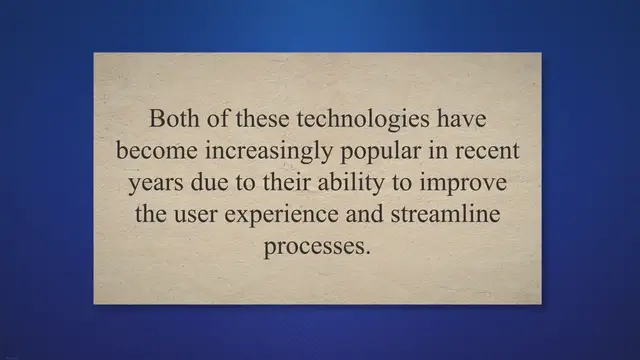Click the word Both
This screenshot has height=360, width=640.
(x=172, y=119)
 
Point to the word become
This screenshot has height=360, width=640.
(x=150, y=151)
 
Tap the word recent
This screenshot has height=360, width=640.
(x=488, y=151)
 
